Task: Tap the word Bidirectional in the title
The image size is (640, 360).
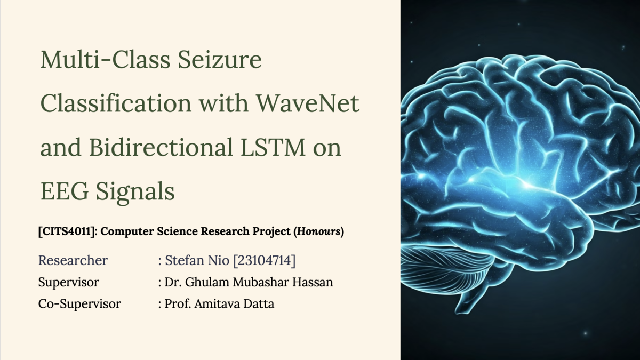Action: (x=159, y=147)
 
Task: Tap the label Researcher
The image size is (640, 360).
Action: (x=73, y=260)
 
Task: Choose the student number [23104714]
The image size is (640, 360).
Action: (x=264, y=260)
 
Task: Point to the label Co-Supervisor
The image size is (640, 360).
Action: (x=79, y=304)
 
